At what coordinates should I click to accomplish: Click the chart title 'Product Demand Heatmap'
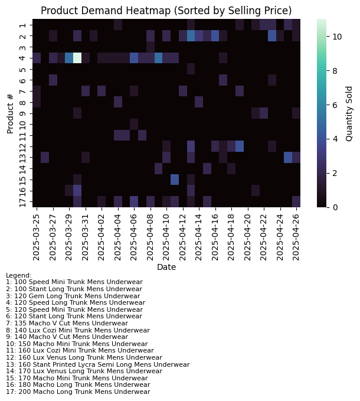click(x=166, y=11)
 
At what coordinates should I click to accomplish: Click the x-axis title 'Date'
click(x=166, y=268)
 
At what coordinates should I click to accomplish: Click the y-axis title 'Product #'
click(x=10, y=113)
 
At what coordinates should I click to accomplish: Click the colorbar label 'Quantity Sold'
click(x=349, y=113)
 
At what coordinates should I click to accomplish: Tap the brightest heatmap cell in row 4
click(x=77, y=57)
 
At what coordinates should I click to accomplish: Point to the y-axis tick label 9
click(x=22, y=113)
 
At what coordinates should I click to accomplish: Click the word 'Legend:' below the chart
click(x=19, y=275)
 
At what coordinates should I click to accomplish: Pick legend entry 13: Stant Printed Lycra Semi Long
click(x=97, y=364)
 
